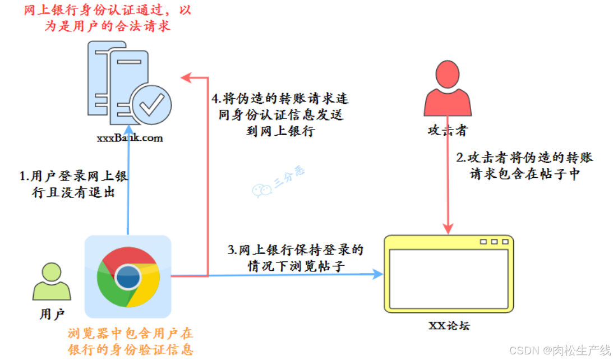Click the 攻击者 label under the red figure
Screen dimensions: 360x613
click(x=447, y=131)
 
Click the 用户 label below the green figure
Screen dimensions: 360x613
click(x=52, y=314)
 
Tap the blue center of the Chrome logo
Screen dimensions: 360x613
click(x=128, y=275)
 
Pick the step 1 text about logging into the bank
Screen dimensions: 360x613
click(x=74, y=184)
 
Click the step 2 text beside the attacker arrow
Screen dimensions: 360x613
click(x=524, y=165)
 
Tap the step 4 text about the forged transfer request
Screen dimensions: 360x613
click(x=280, y=116)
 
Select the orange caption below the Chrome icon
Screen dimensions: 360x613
click(x=131, y=341)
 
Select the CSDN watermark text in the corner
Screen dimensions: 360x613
click(x=559, y=350)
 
